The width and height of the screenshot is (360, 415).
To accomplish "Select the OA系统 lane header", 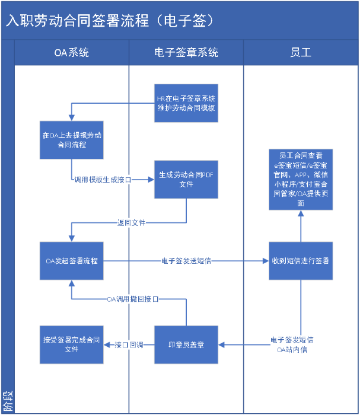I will [71, 52].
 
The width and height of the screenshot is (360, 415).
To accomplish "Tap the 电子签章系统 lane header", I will [186, 52].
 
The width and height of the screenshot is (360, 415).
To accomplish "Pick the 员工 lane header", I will [301, 52].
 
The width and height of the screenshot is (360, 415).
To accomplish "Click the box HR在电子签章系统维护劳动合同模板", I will [186, 103].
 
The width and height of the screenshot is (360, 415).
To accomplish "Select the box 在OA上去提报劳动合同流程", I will [71, 140].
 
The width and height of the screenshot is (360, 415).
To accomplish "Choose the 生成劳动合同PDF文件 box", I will [186, 180].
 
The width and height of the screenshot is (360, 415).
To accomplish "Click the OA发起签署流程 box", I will [71, 261].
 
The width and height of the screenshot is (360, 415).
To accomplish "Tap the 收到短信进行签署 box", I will [301, 261].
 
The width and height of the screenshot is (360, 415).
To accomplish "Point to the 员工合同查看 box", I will [301, 178].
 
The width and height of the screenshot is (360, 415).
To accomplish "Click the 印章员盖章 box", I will [186, 344].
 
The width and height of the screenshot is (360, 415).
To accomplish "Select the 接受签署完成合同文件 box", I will [71, 344].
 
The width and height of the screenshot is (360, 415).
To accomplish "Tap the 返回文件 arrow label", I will [131, 223].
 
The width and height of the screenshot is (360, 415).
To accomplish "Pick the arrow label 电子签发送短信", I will [186, 261].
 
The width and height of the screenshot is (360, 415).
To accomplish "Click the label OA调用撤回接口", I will [132, 299].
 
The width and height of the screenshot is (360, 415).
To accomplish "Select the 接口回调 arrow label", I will [129, 344].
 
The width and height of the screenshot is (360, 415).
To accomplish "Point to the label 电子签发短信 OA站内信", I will [292, 344].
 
